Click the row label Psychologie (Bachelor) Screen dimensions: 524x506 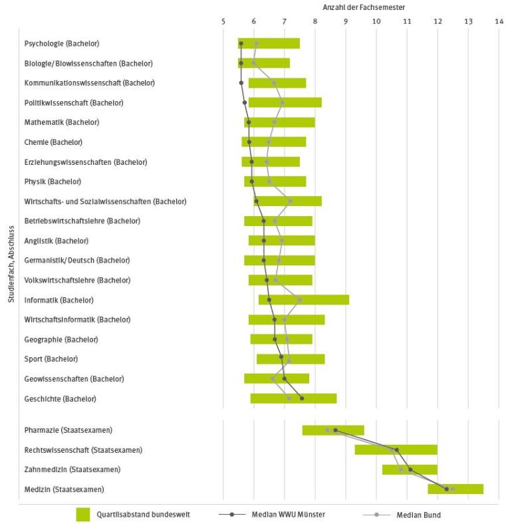pyautogui.click(x=62, y=44)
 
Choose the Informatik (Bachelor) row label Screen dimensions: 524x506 pyautogui.click(x=59, y=300)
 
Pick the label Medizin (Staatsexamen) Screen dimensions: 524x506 pyautogui.click(x=64, y=489)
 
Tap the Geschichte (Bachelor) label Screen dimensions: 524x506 pyautogui.click(x=61, y=399)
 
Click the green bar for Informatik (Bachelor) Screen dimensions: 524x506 pyautogui.click(x=304, y=300)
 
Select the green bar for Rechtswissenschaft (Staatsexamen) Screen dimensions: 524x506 pyautogui.click(x=396, y=450)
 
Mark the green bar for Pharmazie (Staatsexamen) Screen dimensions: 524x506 pyautogui.click(x=333, y=430)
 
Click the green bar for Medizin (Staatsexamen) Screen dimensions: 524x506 pyautogui.click(x=455, y=489)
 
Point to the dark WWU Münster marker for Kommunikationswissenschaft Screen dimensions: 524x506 pyautogui.click(x=241, y=83)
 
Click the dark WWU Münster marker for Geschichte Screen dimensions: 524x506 pyautogui.click(x=302, y=398)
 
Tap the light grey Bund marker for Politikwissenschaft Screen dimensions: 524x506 pyautogui.click(x=282, y=102)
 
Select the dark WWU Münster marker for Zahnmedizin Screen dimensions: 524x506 pyautogui.click(x=410, y=469)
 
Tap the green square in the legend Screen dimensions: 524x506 pyautogui.click(x=83, y=515)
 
